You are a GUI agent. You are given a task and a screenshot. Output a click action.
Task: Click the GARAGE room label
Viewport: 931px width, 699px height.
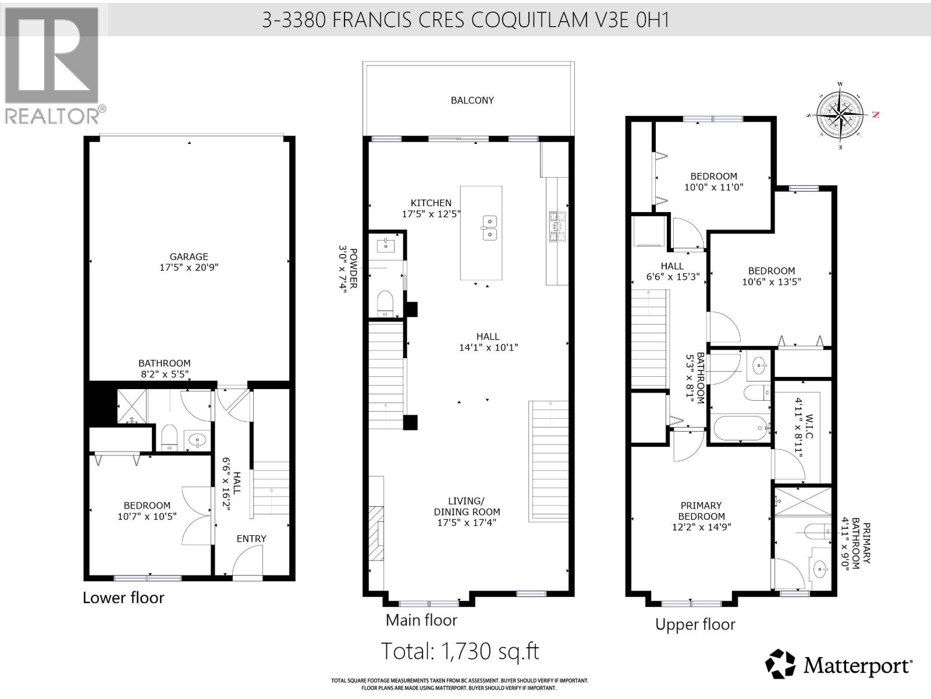189,256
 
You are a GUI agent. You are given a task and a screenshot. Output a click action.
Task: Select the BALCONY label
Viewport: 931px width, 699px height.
472,100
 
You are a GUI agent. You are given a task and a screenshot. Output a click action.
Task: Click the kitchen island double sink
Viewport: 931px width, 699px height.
489,227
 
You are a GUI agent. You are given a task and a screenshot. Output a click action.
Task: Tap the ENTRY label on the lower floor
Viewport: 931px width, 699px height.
251,539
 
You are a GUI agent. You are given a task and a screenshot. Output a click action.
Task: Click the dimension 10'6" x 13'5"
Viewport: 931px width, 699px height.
771,282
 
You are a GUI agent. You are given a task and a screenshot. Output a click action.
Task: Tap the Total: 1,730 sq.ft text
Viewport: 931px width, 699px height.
460,651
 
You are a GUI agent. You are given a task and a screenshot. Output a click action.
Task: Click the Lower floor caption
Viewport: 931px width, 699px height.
123,598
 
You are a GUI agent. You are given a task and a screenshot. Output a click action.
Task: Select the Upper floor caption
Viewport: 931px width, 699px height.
695,624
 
